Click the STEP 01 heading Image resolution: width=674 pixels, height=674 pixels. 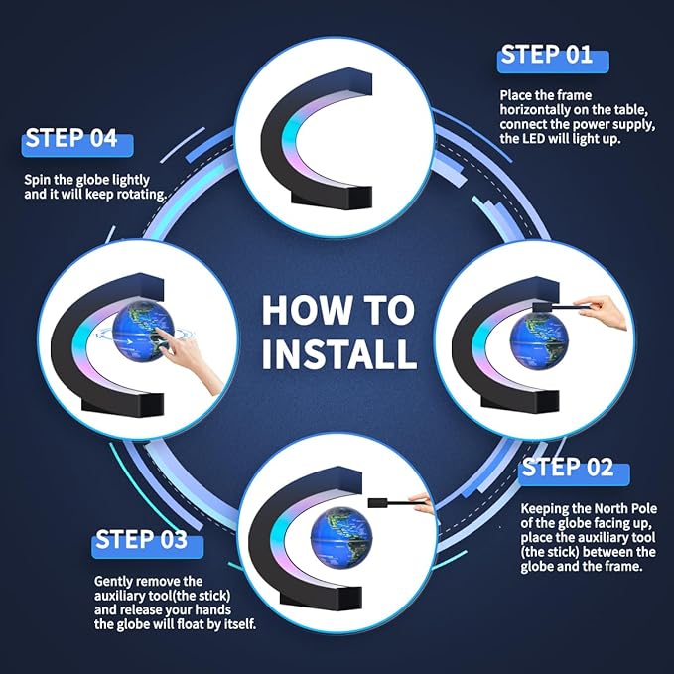tap(547, 55)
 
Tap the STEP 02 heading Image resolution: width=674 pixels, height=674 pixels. tap(568, 468)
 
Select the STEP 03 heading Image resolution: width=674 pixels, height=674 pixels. tap(141, 539)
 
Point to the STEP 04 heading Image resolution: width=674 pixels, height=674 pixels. tap(71, 138)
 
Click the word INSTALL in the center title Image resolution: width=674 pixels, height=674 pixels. tap(339, 354)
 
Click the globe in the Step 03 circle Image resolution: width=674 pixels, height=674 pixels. tap(340, 536)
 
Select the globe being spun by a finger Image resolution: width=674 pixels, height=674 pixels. tap(143, 331)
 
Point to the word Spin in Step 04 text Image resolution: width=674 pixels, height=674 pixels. tap(38, 180)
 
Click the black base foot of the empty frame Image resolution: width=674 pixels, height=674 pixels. tap(331, 198)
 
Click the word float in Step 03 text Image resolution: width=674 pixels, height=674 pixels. tap(191, 623)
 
